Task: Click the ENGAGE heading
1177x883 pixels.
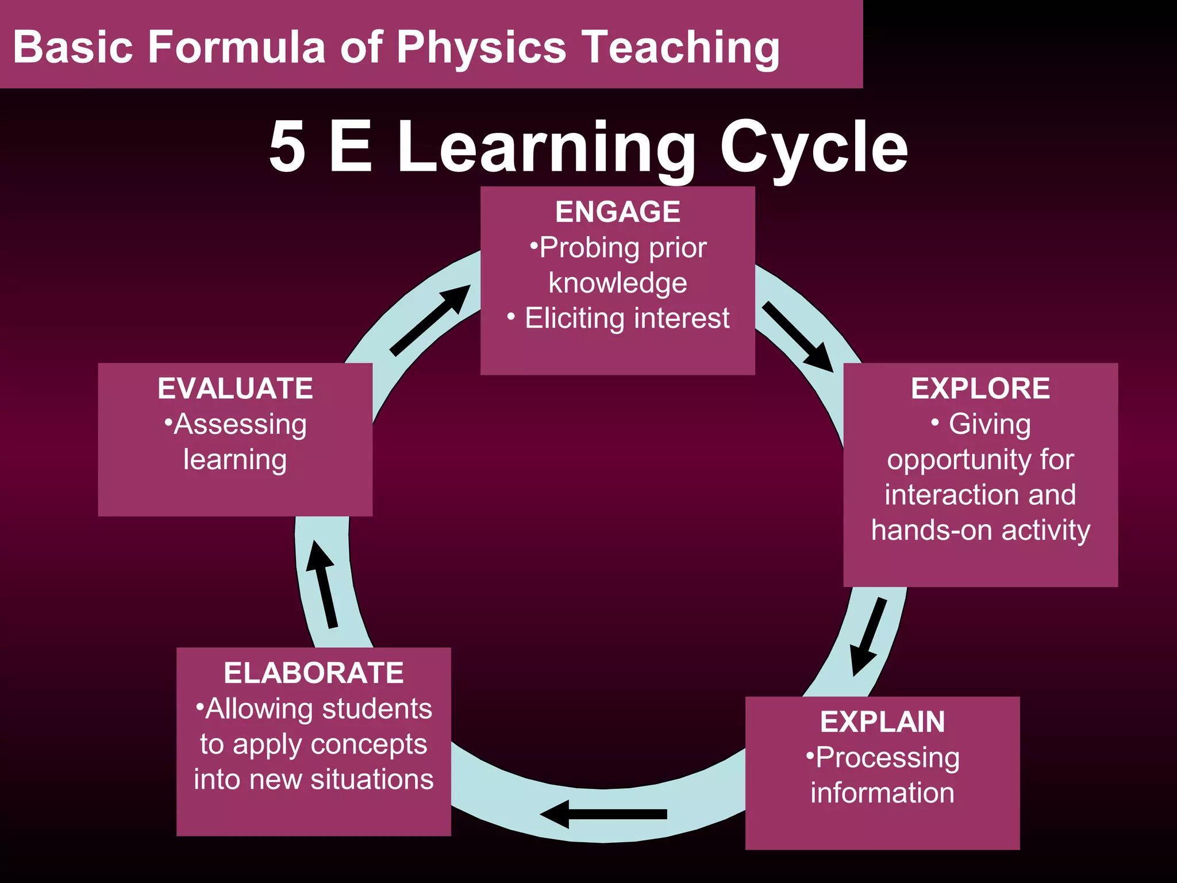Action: (618, 212)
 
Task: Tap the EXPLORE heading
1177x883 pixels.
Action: (980, 389)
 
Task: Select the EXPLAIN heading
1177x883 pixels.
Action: (882, 722)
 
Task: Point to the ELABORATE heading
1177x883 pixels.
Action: (314, 673)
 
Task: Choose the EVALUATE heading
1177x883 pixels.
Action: (235, 389)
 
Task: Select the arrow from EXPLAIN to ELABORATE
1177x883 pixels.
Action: (603, 814)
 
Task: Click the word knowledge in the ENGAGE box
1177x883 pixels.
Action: (618, 283)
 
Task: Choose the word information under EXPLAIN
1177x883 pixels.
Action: (882, 793)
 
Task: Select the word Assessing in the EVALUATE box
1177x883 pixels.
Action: (240, 425)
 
